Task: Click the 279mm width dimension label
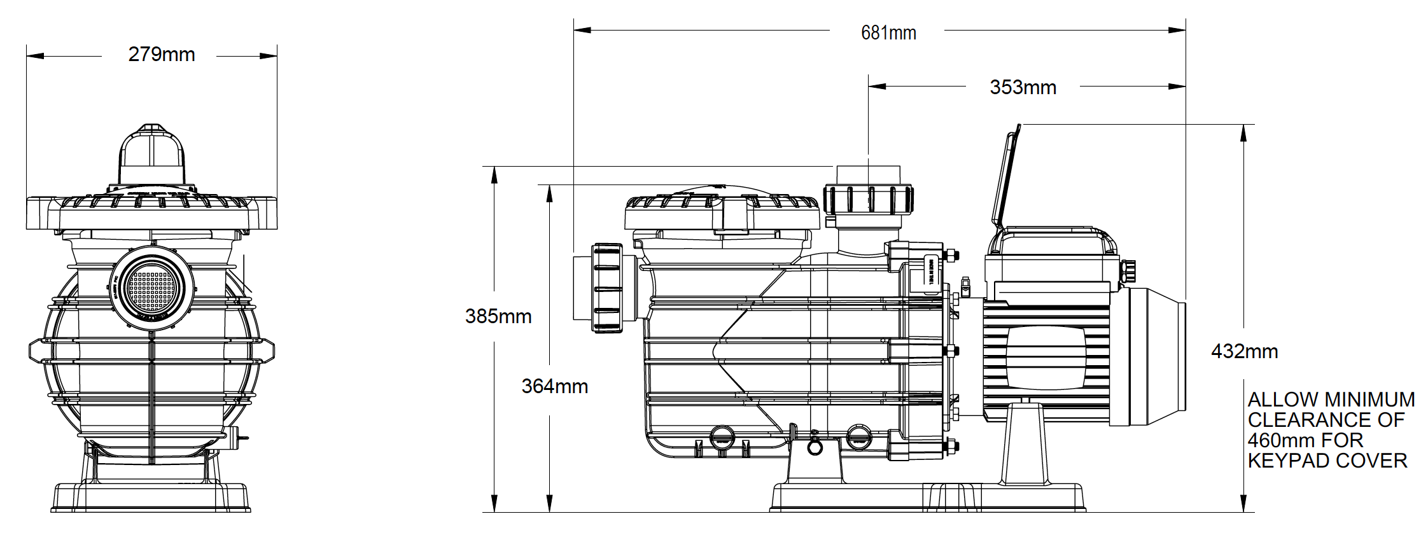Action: tap(162, 55)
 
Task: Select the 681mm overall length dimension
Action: tap(888, 33)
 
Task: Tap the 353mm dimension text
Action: tap(1023, 88)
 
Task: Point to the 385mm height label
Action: tap(498, 316)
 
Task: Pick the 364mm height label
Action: tap(554, 386)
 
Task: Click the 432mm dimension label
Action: tap(1244, 351)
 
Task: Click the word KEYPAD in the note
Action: tap(1289, 461)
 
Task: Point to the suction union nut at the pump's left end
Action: tap(607, 288)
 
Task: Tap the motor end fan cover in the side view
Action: tap(1149, 356)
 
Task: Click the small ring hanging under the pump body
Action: tap(815, 447)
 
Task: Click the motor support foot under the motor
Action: tap(1025, 445)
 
